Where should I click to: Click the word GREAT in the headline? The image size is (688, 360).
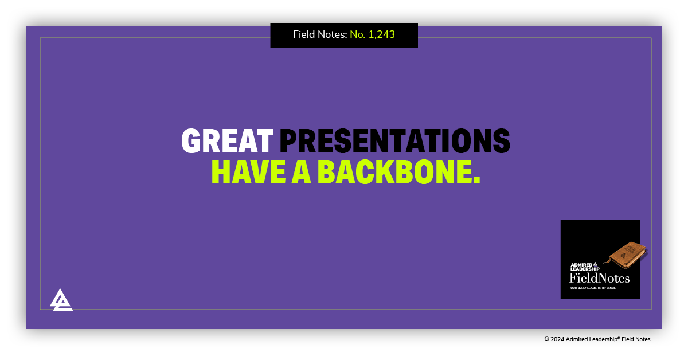(x=227, y=141)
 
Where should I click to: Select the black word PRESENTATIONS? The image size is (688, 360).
(x=394, y=141)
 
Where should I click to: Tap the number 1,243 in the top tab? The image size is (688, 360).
(x=381, y=34)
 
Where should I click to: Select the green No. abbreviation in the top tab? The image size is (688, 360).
(x=358, y=34)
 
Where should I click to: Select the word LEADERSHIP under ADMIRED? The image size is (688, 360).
(x=585, y=269)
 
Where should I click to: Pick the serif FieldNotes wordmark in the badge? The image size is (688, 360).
(x=599, y=279)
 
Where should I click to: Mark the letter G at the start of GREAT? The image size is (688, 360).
(x=190, y=141)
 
